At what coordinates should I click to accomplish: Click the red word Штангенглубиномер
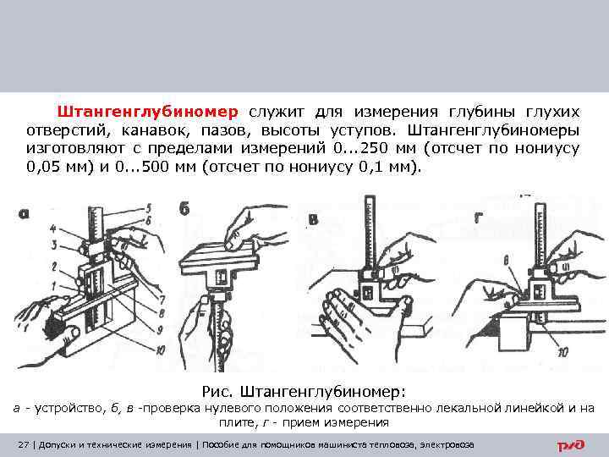147,112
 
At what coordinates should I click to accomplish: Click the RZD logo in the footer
570,445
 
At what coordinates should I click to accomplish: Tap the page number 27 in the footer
24,444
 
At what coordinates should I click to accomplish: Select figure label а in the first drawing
24,213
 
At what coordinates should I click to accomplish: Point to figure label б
184,209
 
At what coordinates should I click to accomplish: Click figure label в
313,220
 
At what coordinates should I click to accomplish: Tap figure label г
478,218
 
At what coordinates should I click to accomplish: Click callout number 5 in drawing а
148,208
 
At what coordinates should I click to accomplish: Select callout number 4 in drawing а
53,228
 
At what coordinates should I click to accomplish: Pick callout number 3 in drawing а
55,245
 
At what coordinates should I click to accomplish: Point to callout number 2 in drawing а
54,267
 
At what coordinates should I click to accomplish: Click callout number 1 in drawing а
55,287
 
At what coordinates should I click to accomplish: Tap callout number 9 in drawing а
159,330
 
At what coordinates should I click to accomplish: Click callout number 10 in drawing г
562,352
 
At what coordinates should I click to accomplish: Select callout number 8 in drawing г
506,260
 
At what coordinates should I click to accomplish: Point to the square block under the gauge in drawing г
513,333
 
